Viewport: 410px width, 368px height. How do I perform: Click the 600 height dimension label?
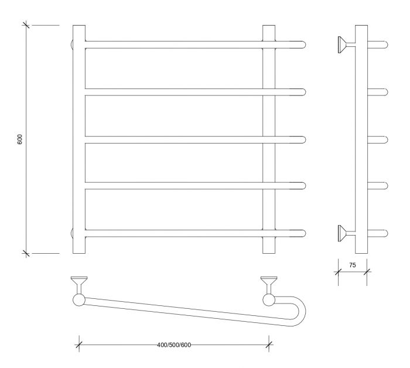(20, 139)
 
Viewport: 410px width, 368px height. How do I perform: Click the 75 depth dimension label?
(353, 265)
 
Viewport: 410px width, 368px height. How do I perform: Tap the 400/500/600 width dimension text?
(174, 345)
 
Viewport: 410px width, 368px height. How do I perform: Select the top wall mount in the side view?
(346, 45)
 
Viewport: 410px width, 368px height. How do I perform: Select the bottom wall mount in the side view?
(346, 233)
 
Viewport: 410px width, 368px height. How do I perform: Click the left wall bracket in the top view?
(79, 285)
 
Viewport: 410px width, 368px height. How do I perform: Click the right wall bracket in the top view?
(269, 285)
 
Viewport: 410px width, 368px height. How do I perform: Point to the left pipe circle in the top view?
(78, 300)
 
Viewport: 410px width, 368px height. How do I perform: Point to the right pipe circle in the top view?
(269, 300)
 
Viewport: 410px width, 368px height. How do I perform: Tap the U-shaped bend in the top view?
(303, 311)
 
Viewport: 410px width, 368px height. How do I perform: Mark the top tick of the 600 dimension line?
(26, 25)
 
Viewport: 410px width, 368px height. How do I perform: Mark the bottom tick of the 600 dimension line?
(26, 253)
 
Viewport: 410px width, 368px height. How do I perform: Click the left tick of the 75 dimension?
(338, 272)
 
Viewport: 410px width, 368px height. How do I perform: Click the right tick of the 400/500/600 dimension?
(269, 345)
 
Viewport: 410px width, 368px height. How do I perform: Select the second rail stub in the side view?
(378, 92)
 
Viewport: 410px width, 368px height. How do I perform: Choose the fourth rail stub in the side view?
(378, 185)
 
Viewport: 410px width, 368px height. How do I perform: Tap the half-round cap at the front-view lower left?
(71, 233)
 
